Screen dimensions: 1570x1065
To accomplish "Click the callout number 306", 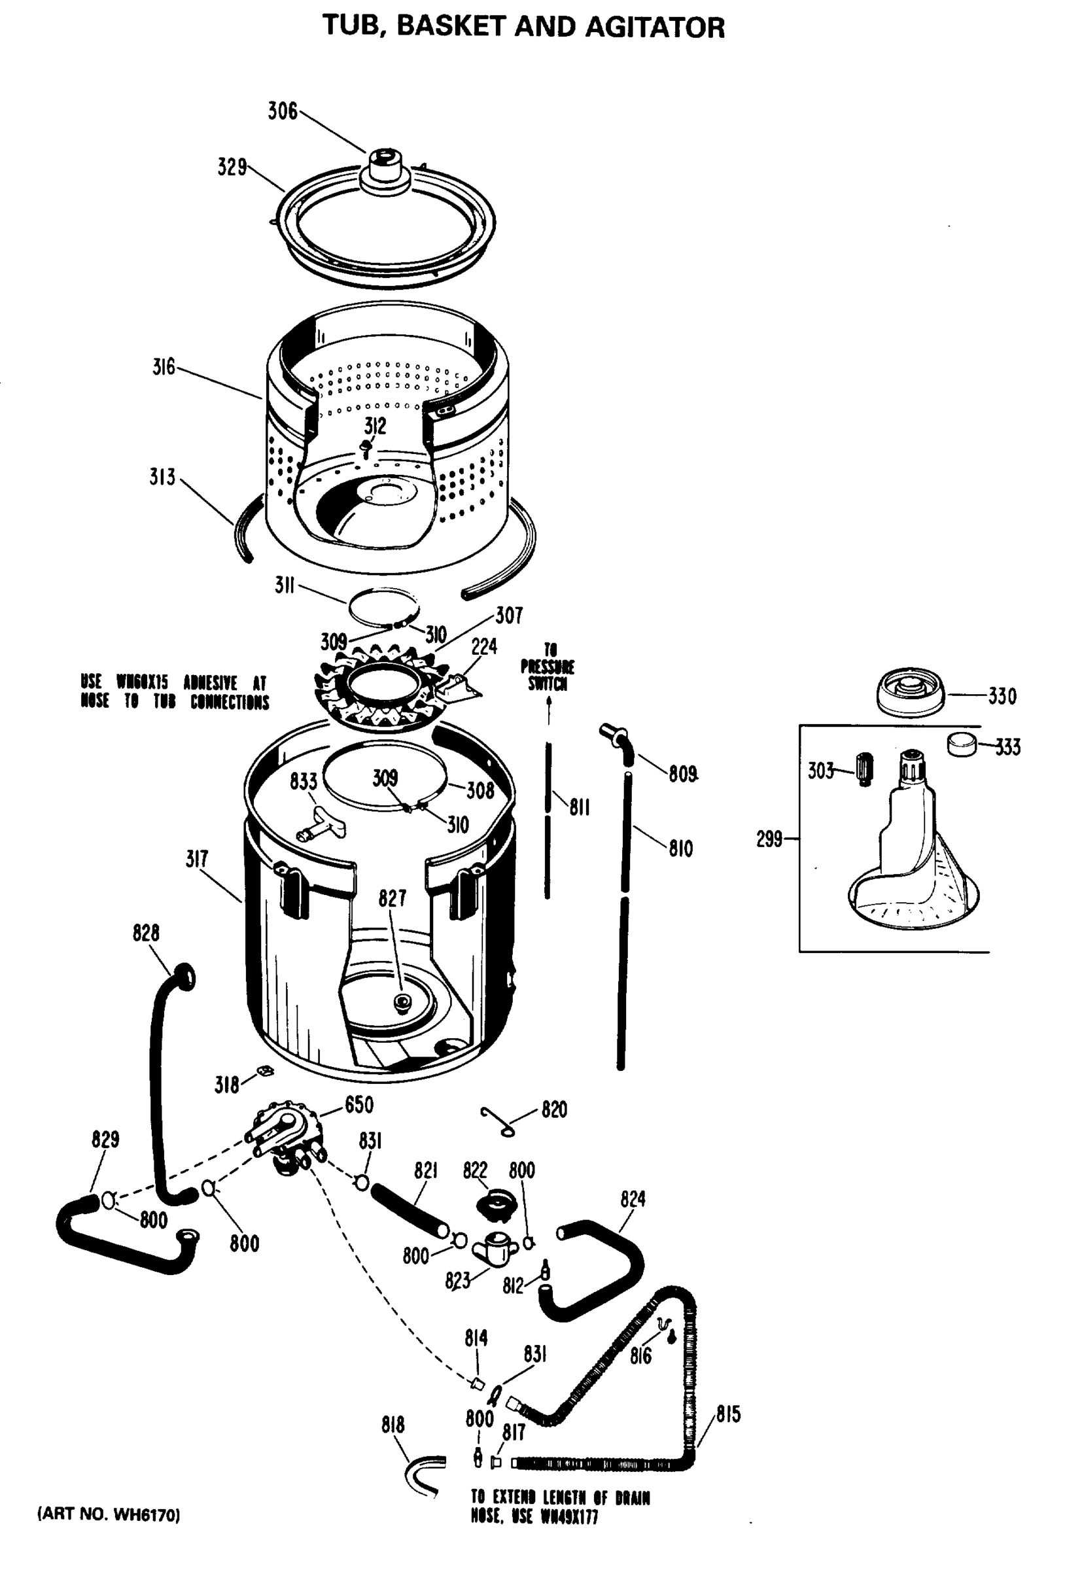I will pyautogui.click(x=283, y=111).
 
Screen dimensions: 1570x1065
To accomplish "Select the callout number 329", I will pyautogui.click(x=232, y=167).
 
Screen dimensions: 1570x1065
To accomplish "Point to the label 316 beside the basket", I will pyautogui.click(x=163, y=368).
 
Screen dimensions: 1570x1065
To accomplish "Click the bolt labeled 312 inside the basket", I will pyautogui.click(x=367, y=448).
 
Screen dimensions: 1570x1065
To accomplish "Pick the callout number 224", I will pyautogui.click(x=484, y=646).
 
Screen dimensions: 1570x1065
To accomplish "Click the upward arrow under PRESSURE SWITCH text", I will pyautogui.click(x=549, y=709).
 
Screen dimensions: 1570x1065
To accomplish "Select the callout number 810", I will pyautogui.click(x=680, y=848).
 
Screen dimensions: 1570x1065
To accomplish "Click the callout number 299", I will pyautogui.click(x=769, y=839).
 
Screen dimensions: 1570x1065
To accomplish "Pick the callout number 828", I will pyautogui.click(x=146, y=933).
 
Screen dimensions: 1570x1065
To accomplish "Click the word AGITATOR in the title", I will pyautogui.click(x=654, y=27).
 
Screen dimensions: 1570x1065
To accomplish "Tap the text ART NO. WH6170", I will pyautogui.click(x=108, y=1515).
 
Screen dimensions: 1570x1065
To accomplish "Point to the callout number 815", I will pyautogui.click(x=728, y=1414).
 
